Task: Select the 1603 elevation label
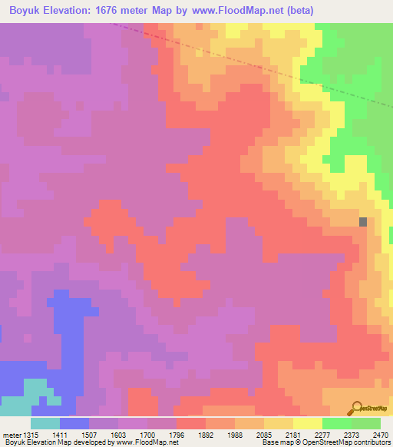tap(117, 434)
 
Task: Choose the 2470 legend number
tap(380, 434)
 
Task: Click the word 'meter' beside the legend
tap(11, 434)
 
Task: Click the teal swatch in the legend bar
tap(45, 423)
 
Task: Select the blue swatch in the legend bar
tap(74, 423)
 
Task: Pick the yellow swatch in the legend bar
tap(308, 423)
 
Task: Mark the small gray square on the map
tap(363, 222)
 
